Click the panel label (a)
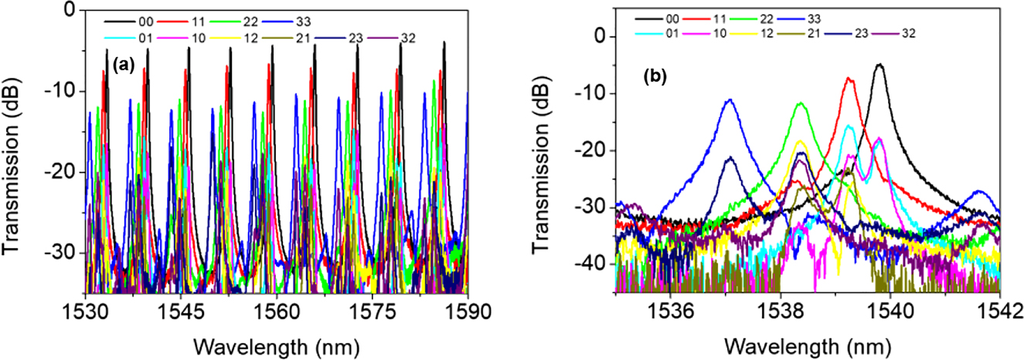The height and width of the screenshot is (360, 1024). [x=124, y=66]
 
